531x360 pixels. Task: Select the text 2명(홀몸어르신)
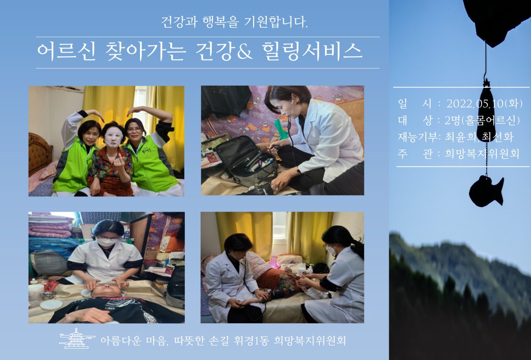[x=482, y=120]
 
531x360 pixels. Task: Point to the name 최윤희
[x=462, y=136]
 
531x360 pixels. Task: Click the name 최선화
[x=497, y=136]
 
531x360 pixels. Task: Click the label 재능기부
[x=416, y=136]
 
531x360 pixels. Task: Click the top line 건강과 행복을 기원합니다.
[x=234, y=22]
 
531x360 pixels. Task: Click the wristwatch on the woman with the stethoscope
[x=299, y=171]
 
